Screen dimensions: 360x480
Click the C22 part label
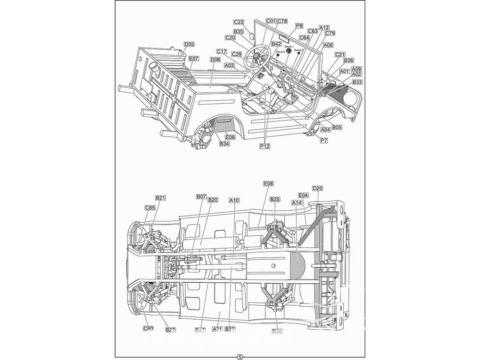tap(239, 22)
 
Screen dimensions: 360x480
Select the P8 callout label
tap(299, 25)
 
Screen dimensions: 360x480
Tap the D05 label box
tap(189, 45)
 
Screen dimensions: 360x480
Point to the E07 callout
tap(193, 59)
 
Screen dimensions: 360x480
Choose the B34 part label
tap(225, 144)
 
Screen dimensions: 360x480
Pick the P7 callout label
tap(324, 140)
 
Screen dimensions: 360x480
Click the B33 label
tap(357, 82)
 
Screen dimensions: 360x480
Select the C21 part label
tap(340, 54)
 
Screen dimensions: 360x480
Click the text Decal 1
tap(289, 47)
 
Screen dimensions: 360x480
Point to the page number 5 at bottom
tap(240, 356)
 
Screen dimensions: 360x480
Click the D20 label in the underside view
tap(318, 188)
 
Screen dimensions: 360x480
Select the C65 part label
tap(150, 208)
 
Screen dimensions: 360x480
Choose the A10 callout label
tap(234, 200)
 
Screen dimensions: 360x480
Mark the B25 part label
tap(275, 199)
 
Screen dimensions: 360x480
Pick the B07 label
tap(201, 197)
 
